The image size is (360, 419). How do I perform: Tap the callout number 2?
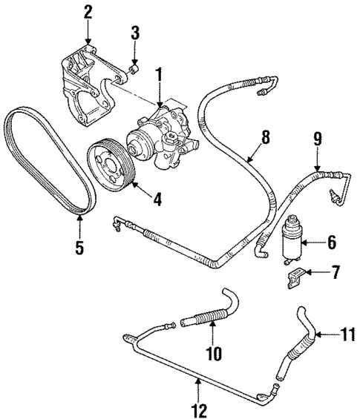coord(88,11)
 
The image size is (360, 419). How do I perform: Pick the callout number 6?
coord(332,242)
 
